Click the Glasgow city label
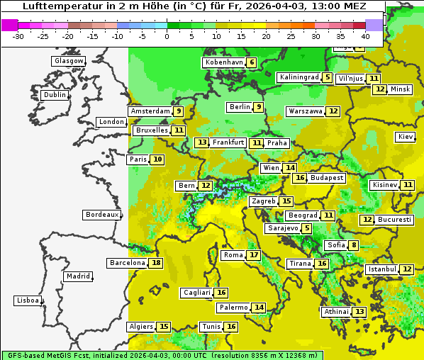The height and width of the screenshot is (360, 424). coord(69,61)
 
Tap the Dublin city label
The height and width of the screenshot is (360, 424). coord(55,95)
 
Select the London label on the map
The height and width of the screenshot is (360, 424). coord(111,122)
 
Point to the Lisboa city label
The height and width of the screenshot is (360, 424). coord(27,300)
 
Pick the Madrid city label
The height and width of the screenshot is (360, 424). coord(77,276)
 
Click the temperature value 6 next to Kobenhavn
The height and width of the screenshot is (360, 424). coord(252,62)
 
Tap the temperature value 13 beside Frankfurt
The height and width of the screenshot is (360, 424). coord(202,142)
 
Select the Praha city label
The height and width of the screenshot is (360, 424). coord(277,142)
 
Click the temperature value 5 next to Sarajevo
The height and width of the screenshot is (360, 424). coord(306,228)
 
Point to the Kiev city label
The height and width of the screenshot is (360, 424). coord(406,137)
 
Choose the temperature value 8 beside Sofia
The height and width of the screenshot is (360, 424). coord(353,245)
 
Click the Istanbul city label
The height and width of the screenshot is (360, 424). coord(381,269)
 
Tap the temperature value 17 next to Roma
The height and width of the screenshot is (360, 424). coord(254,255)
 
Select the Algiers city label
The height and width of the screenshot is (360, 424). coord(141,327)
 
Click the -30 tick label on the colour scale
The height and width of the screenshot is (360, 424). coord(18,35)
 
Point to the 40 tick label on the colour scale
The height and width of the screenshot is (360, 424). coord(365,35)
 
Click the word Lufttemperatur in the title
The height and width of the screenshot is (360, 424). coord(55,6)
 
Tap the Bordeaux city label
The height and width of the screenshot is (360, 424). coord(101,214)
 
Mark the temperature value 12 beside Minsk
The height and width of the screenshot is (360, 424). coord(381,89)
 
